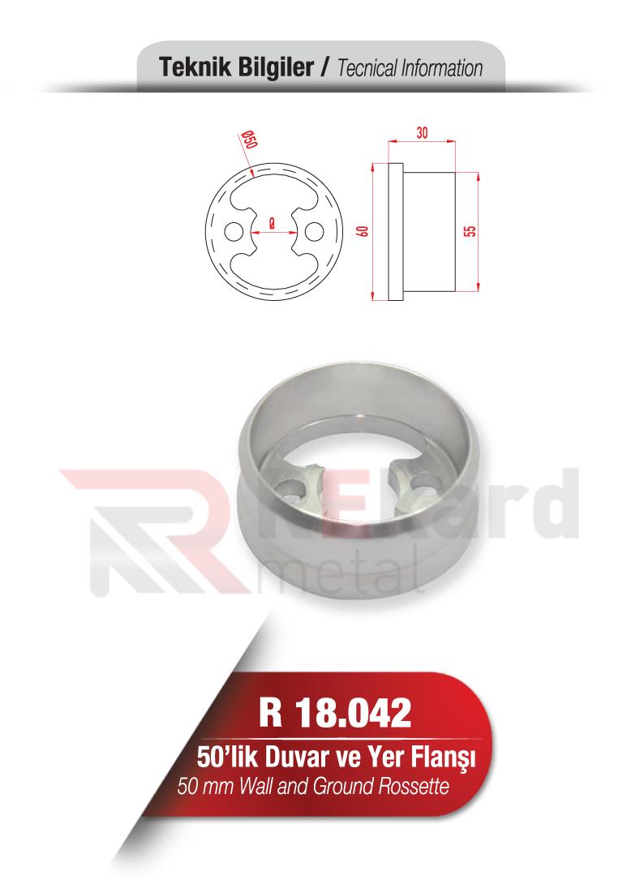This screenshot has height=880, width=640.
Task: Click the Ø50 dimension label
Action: [249, 143]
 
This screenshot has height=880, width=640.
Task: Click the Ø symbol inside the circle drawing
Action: [270, 221]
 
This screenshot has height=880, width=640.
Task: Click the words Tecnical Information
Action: [409, 69]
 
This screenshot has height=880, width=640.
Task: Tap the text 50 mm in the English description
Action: [203, 786]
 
